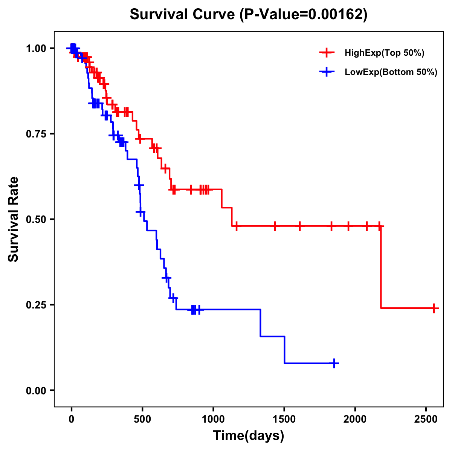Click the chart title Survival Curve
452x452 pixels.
(183, 14)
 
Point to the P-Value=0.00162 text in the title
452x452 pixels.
(303, 14)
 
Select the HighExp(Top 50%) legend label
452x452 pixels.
(384, 53)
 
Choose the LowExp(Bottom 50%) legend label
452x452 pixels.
(391, 72)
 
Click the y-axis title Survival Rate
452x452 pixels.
(14, 219)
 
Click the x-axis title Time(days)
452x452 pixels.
(249, 436)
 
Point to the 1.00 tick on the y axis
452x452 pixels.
(35, 48)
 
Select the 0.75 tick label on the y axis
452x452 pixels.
(35, 134)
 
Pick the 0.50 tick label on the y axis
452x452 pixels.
(35, 219)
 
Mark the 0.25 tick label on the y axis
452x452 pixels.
(35, 305)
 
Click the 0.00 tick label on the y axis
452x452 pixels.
(35, 390)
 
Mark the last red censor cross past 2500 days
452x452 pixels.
(434, 308)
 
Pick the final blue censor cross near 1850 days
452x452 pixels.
(334, 363)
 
